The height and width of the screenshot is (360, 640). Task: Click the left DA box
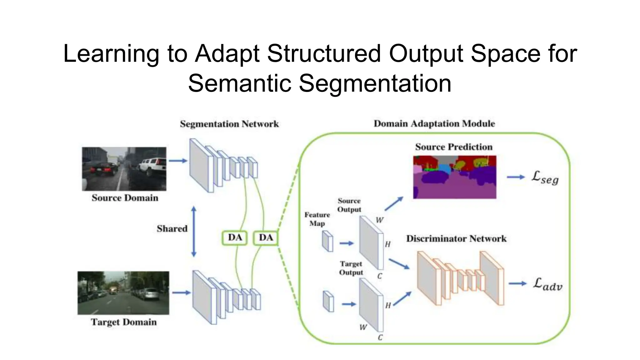(235, 237)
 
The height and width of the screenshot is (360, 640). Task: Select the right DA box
(265, 237)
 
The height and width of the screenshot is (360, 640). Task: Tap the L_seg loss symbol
(545, 177)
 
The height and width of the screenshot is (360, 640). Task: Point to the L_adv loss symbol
(547, 284)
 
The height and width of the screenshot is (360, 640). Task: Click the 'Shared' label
(172, 229)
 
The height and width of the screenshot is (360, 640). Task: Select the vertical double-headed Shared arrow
(194, 232)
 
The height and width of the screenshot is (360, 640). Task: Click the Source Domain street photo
(124, 169)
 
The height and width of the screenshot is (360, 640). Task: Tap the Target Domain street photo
(123, 293)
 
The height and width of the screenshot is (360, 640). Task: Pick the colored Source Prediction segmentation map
(455, 177)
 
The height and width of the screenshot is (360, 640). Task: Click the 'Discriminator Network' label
(456, 239)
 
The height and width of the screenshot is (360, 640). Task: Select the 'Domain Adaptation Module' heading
(434, 123)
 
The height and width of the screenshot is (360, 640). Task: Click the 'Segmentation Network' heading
(229, 124)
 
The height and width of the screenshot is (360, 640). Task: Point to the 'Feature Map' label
(317, 219)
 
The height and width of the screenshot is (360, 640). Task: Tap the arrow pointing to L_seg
(516, 177)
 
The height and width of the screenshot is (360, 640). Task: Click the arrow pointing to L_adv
(518, 283)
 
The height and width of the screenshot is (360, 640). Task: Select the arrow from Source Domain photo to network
(178, 161)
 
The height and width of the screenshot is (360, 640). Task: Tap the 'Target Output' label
(351, 268)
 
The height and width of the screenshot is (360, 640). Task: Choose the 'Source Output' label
(349, 205)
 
